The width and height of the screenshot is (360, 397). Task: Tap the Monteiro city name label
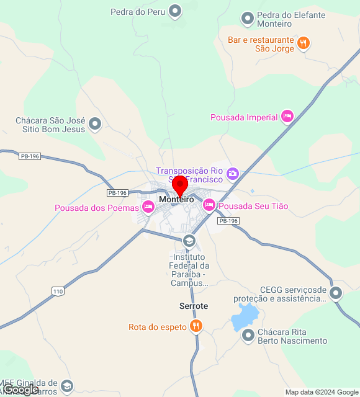[x=176, y=199]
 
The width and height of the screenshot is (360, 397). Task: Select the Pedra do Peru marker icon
[x=176, y=11]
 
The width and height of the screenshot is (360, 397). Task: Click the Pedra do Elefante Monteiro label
[x=274, y=19]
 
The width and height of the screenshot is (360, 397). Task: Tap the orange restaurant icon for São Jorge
[x=304, y=43]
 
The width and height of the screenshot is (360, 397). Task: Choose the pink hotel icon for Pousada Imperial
[x=287, y=116]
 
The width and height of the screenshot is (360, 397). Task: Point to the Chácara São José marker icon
[x=95, y=124]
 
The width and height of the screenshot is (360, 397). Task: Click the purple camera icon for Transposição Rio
[x=233, y=173]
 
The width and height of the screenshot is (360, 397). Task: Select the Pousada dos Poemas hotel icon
[x=148, y=207]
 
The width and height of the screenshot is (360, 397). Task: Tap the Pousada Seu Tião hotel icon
[x=209, y=204]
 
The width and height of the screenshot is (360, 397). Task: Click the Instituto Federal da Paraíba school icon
[x=189, y=241]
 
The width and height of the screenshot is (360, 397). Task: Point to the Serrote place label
[x=194, y=306]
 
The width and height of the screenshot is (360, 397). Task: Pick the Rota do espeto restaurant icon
[x=196, y=326]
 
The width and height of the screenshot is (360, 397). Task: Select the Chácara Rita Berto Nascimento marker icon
[x=248, y=336]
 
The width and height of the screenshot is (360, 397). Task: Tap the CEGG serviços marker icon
[x=336, y=293]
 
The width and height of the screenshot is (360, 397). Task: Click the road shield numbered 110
[x=58, y=291]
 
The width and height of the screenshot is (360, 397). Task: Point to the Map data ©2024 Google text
[x=322, y=392]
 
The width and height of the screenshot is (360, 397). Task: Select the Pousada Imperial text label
[x=244, y=117]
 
